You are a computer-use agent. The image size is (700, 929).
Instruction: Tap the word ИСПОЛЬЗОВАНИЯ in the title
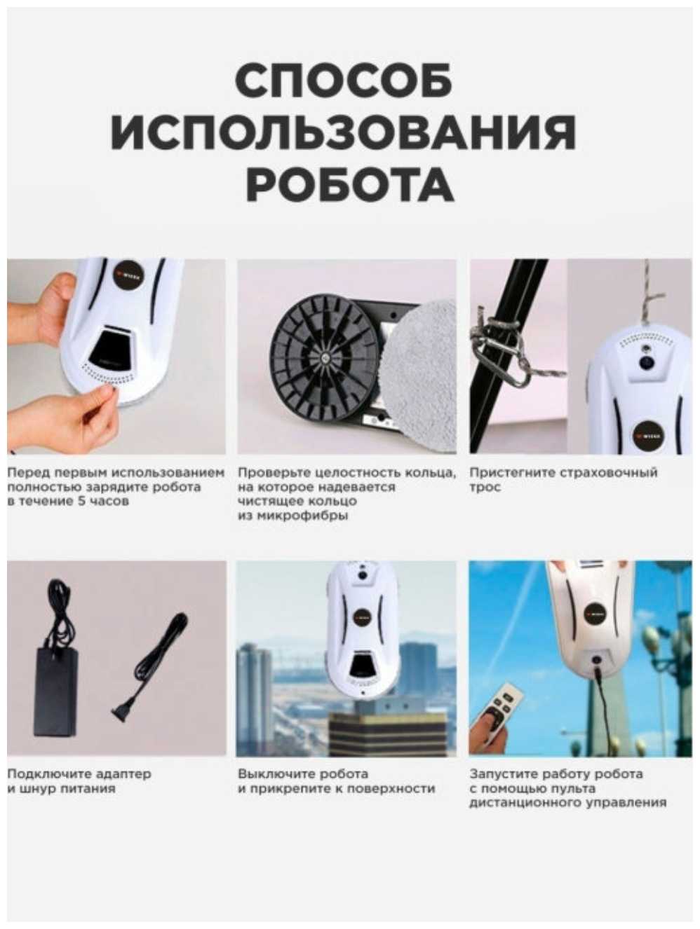[344, 132]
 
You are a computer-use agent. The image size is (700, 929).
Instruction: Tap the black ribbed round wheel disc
[325, 357]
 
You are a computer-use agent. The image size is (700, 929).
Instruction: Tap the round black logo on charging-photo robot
[128, 276]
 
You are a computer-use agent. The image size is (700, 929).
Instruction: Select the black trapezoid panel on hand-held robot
[112, 348]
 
